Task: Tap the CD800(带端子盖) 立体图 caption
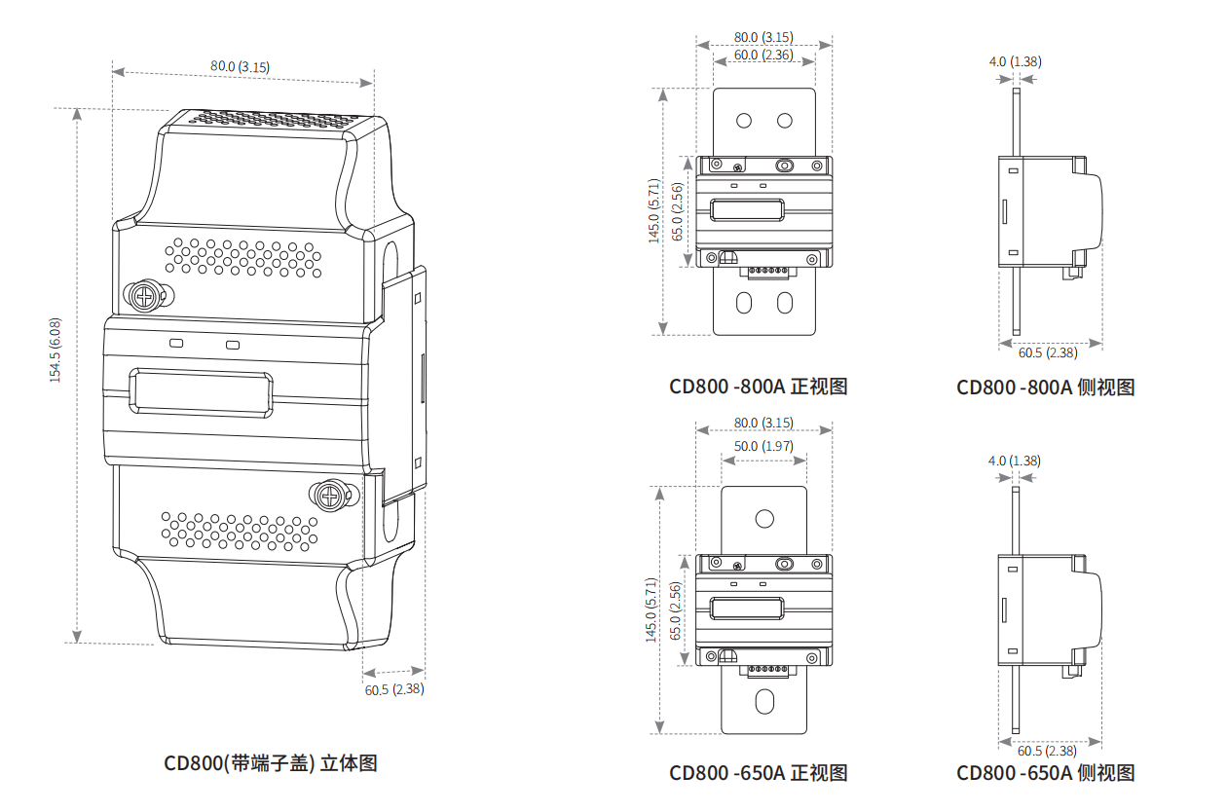(x=270, y=763)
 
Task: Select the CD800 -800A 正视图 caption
(x=758, y=387)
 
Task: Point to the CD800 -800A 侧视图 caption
(x=1045, y=388)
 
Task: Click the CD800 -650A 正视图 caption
(x=758, y=773)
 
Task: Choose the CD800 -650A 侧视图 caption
(x=1045, y=773)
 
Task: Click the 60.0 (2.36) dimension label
(x=763, y=55)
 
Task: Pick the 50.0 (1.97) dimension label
(x=763, y=446)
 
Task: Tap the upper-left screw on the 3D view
(x=145, y=294)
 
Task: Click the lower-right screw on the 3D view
(x=332, y=497)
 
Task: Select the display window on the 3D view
(x=202, y=391)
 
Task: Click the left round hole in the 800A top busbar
(x=744, y=121)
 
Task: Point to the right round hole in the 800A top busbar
(x=784, y=121)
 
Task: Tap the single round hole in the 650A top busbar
(x=764, y=518)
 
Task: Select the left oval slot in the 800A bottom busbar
(x=744, y=303)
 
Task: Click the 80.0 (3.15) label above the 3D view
(x=240, y=66)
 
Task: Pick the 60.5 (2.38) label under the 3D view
(x=394, y=689)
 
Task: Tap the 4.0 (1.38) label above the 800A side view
(x=1015, y=61)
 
